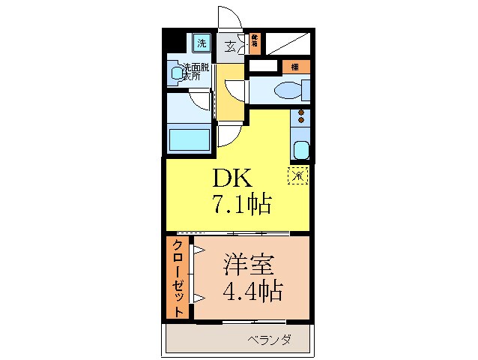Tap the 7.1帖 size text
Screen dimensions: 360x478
point(241,203)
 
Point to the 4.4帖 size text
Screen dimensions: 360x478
point(252,290)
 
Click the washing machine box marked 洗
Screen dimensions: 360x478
point(202,43)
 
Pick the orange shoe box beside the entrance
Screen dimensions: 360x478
point(255,44)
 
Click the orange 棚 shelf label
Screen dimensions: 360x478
point(294,67)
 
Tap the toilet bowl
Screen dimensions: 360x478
point(288,91)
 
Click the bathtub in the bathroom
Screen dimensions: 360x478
point(189,139)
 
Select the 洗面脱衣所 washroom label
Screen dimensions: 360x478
point(196,72)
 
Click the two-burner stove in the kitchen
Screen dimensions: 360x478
point(301,118)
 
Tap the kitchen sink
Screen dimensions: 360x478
point(300,149)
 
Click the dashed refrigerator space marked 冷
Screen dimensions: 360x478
point(298,177)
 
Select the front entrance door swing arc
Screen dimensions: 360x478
point(226,16)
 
